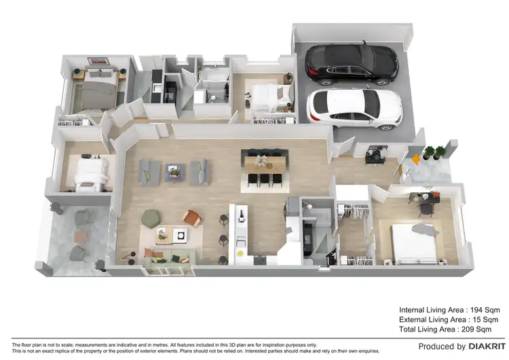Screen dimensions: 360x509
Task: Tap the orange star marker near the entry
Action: [416, 159]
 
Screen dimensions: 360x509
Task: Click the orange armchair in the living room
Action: [191, 217]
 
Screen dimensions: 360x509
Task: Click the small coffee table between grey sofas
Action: [174, 171]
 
